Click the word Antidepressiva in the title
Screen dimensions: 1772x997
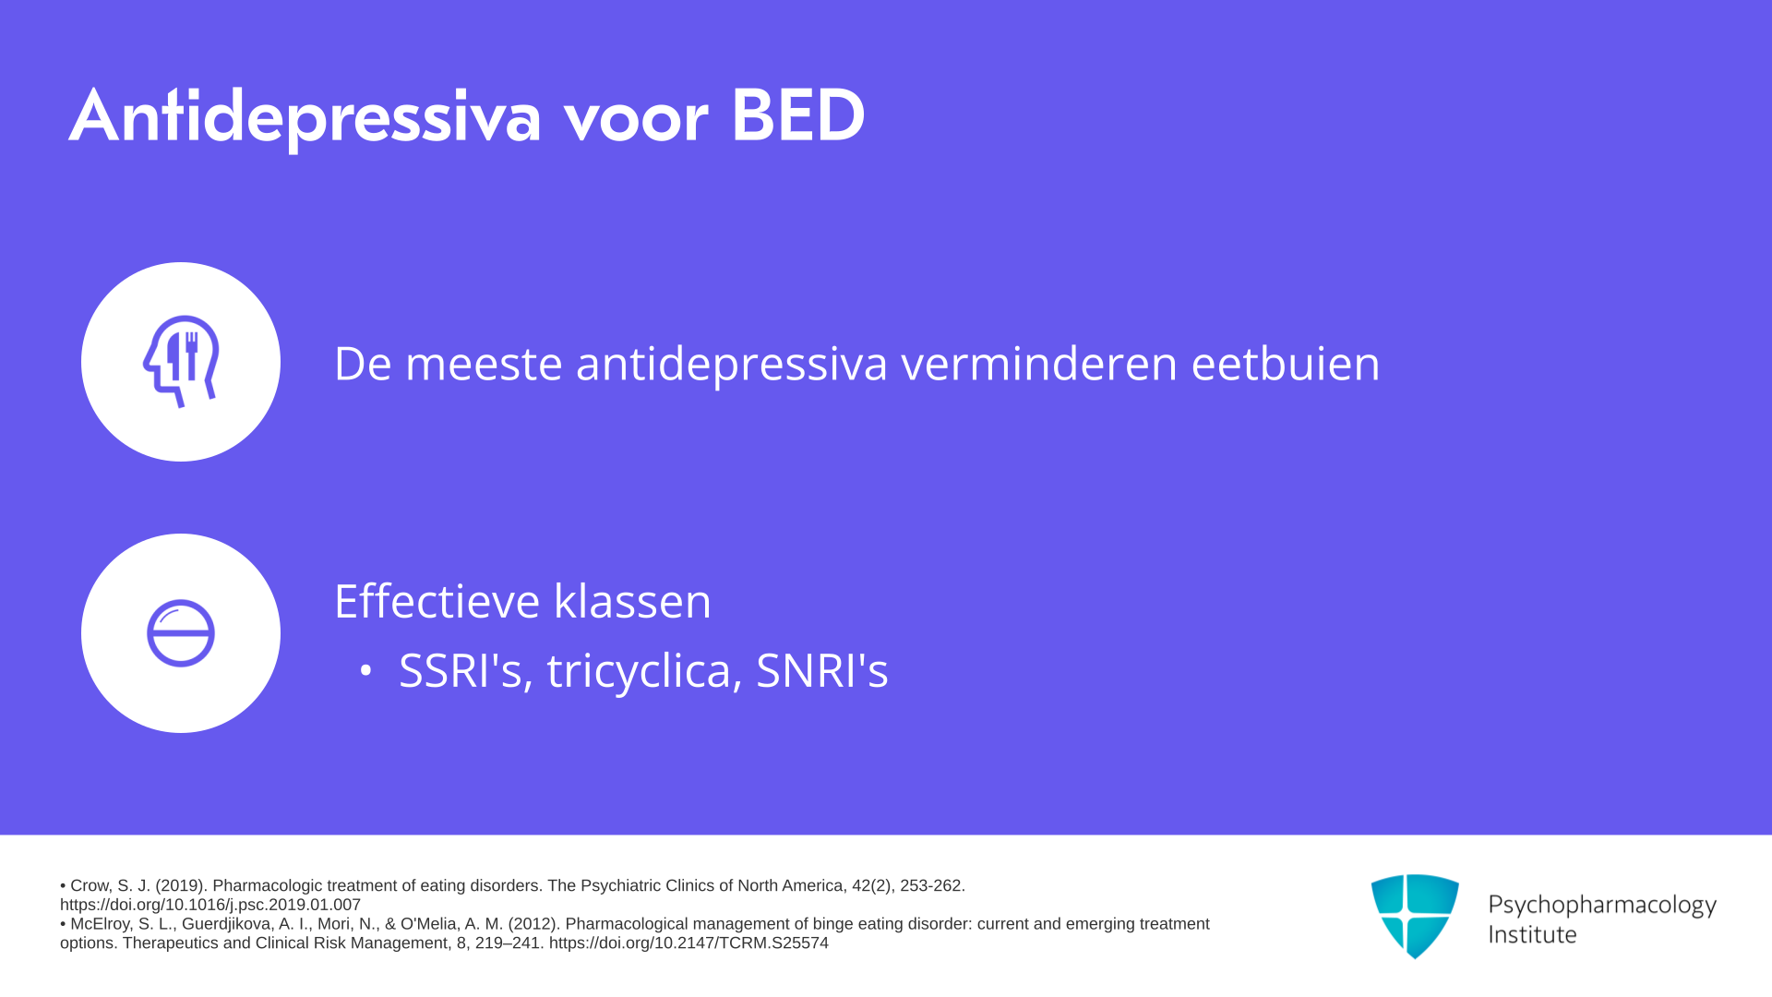(305, 117)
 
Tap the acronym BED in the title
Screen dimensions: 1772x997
(797, 115)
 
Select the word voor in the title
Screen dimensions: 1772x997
(636, 121)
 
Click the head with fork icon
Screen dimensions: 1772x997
(181, 361)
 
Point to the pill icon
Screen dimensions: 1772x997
(181, 633)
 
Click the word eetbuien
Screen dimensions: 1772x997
(1286, 363)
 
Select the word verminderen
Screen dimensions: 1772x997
(1039, 363)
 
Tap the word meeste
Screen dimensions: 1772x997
(484, 364)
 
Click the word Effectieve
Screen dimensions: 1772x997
(437, 601)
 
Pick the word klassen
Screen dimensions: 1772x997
(632, 601)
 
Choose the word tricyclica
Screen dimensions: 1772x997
(644, 672)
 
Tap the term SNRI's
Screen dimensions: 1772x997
(822, 670)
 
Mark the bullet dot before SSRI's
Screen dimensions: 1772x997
(366, 671)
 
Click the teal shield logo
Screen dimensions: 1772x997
(1415, 916)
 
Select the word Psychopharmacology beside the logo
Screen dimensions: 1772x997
(1602, 906)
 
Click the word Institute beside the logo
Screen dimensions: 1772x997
(1532, 934)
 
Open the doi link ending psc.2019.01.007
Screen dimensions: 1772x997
(210, 905)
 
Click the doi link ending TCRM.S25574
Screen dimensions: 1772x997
(688, 943)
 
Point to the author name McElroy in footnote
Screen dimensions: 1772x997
(102, 924)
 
